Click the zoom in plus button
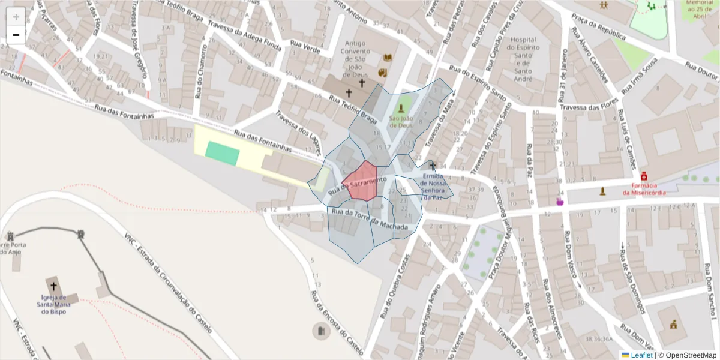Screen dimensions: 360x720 coord(16,16)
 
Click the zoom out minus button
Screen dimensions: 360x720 coord(16,35)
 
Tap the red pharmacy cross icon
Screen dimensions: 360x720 coord(644,176)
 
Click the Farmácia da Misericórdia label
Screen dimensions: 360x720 coord(644,189)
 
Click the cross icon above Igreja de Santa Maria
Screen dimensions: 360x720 coord(53,287)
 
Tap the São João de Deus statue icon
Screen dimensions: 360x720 coord(401,109)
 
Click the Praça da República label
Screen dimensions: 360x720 coord(598,30)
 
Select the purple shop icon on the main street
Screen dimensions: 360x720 coord(560,202)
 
